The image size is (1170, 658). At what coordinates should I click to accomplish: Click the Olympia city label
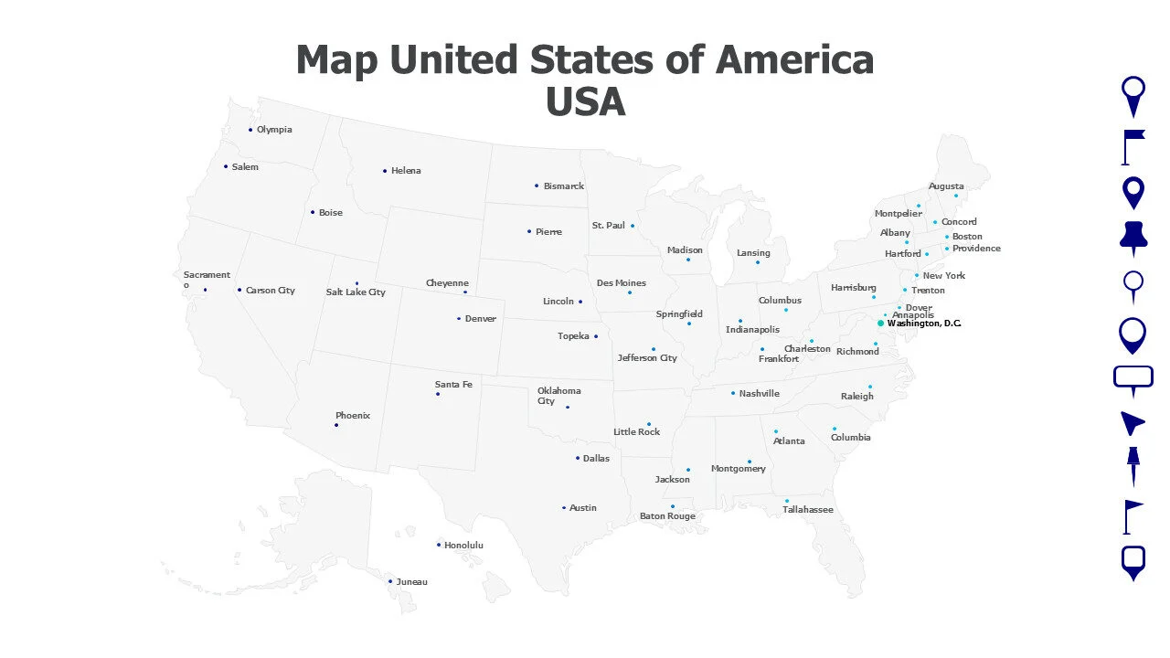tap(274, 130)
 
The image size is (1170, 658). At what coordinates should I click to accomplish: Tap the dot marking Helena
tap(385, 171)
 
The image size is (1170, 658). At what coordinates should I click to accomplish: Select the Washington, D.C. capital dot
tap(881, 324)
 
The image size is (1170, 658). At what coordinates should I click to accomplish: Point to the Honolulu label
tap(463, 546)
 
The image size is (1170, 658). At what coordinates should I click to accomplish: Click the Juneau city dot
tap(390, 581)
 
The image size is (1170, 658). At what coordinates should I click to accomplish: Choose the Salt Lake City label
tap(356, 292)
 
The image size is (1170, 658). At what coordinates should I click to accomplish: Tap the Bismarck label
tap(563, 186)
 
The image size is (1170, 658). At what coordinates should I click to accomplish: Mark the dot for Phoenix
tap(336, 425)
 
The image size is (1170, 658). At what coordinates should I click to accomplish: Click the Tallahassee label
tap(807, 510)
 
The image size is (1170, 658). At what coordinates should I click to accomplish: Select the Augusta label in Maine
tap(946, 186)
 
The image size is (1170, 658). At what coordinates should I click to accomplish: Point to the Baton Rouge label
tap(667, 516)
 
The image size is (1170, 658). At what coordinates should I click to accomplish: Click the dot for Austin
tap(564, 508)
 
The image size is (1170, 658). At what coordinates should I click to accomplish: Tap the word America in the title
tap(794, 60)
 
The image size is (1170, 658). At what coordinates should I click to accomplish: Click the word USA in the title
tap(585, 102)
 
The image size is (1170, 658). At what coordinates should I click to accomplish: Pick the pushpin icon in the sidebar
tap(1133, 238)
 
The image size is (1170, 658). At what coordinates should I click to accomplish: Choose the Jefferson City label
tap(647, 358)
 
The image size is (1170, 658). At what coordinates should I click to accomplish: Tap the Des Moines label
tap(622, 283)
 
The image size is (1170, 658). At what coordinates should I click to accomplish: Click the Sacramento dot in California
tap(205, 290)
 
